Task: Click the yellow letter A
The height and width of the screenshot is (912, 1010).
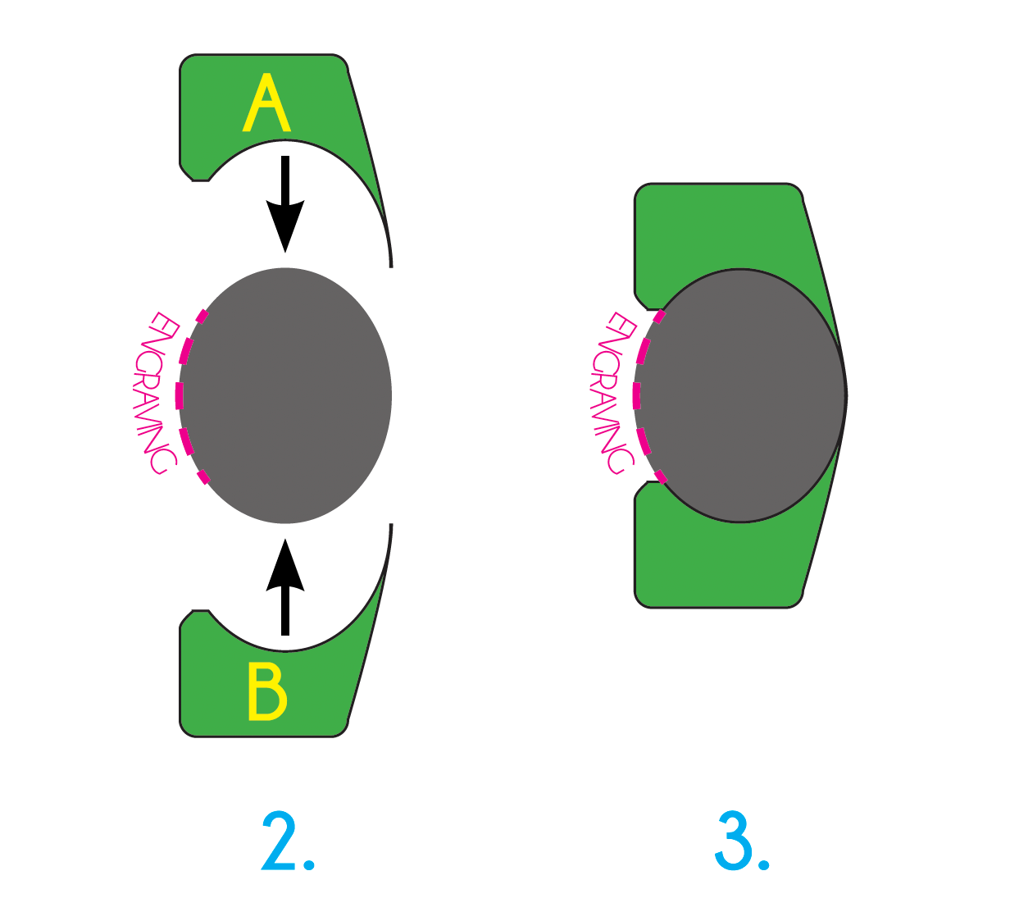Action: click(266, 104)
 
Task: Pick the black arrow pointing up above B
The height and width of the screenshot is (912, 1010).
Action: click(285, 587)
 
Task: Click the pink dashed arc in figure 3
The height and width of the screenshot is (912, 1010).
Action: click(637, 395)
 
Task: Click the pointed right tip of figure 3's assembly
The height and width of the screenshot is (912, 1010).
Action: click(845, 395)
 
